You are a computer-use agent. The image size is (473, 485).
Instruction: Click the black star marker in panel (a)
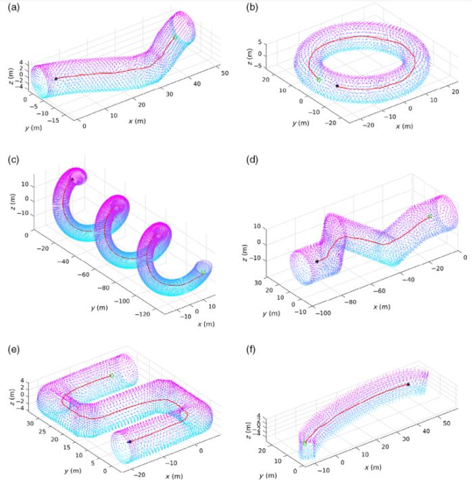55,79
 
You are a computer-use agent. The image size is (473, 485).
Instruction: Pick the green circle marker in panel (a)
175,37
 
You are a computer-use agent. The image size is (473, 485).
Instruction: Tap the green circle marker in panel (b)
319,80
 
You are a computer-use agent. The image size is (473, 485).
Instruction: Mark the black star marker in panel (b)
337,86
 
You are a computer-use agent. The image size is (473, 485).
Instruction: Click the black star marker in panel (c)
72,179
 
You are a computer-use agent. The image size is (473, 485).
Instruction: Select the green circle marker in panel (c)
203,272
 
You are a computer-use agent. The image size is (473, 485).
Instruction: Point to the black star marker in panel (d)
317,261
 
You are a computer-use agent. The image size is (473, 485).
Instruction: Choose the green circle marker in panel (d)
430,217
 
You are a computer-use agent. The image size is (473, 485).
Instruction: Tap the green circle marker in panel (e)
111,375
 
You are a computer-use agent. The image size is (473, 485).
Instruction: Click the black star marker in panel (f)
408,384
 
